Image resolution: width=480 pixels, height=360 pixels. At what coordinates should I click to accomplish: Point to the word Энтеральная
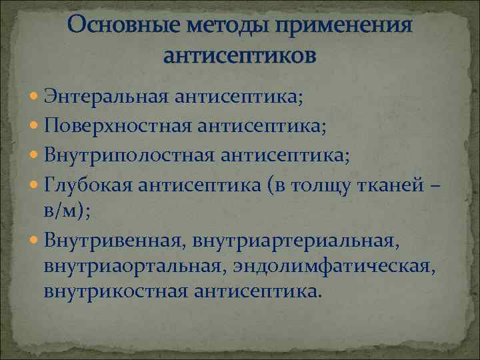pos(107,99)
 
